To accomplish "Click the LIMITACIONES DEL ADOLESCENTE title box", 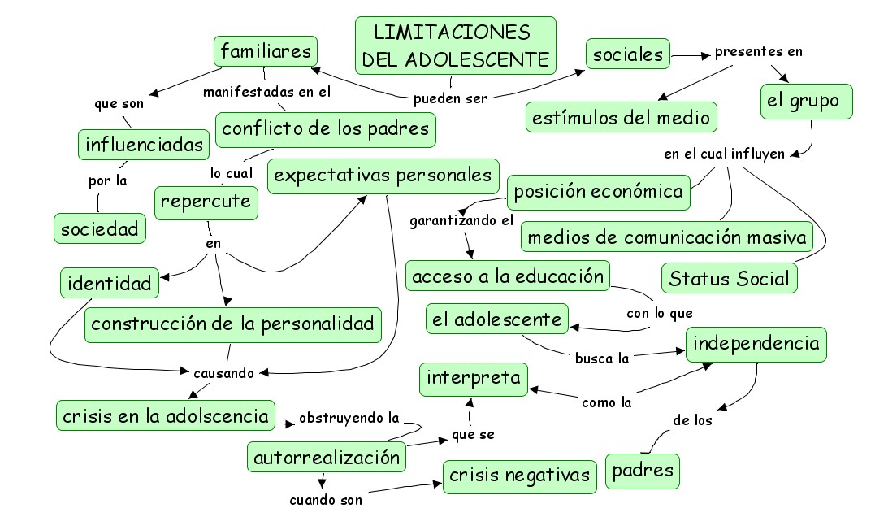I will (456, 46).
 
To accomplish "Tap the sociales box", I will (628, 55).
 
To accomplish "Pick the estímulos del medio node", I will (622, 117).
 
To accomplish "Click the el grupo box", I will (806, 102).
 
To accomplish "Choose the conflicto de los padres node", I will (326, 128).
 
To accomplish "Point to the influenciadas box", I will (144, 145).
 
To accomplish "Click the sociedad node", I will (101, 228).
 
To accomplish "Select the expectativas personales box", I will (383, 176).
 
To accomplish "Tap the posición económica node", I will (599, 192).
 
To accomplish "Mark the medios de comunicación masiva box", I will (667, 237).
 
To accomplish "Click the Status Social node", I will (729, 279).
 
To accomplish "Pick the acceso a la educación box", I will (508, 276).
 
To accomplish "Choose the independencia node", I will (756, 344).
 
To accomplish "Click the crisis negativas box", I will (520, 475).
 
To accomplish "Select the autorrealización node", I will (327, 457).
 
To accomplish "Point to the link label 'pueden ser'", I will (450, 98).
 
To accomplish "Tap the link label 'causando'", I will (223, 373).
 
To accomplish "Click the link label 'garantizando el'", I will (461, 220).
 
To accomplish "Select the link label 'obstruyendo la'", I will (349, 419).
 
